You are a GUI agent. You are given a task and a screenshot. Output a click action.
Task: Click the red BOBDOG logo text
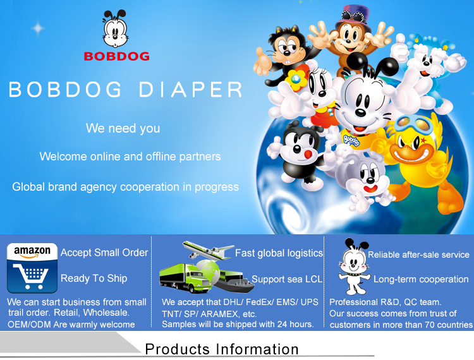(x=117, y=56)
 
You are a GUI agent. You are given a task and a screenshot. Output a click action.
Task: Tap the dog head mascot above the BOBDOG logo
(x=114, y=28)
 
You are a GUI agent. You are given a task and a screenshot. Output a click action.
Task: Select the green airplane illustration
(x=208, y=250)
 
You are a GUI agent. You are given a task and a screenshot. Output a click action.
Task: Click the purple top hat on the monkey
(x=353, y=18)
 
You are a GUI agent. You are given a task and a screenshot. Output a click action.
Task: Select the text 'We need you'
(x=123, y=128)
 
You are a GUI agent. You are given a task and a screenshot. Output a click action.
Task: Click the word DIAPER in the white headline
(x=190, y=90)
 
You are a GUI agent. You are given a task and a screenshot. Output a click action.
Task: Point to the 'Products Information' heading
(x=222, y=349)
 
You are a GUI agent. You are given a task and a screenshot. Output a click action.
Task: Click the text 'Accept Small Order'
(x=104, y=253)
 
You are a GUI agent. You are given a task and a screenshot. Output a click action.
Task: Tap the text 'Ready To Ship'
(x=94, y=279)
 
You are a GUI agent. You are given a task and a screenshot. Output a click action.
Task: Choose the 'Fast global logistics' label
(x=279, y=253)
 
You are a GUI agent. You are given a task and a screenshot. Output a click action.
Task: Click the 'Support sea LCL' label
(x=287, y=279)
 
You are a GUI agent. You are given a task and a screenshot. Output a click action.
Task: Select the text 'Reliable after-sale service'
(x=418, y=255)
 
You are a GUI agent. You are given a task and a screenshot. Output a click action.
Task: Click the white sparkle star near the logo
(x=38, y=28)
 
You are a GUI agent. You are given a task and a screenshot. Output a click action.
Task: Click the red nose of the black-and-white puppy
(x=308, y=154)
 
